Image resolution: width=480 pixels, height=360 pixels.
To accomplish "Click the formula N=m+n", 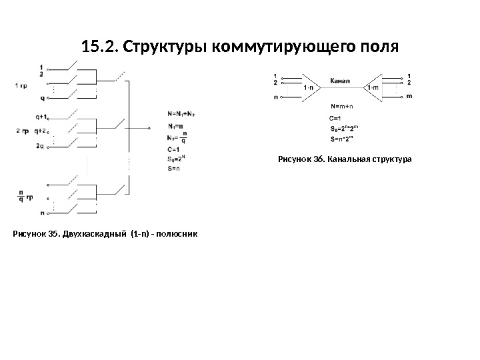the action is click(342, 105).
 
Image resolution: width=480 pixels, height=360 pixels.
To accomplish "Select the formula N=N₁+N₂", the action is click(184, 113).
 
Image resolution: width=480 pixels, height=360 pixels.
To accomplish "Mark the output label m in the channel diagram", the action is click(409, 97).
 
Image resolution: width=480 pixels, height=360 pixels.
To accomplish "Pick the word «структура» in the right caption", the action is click(393, 159).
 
